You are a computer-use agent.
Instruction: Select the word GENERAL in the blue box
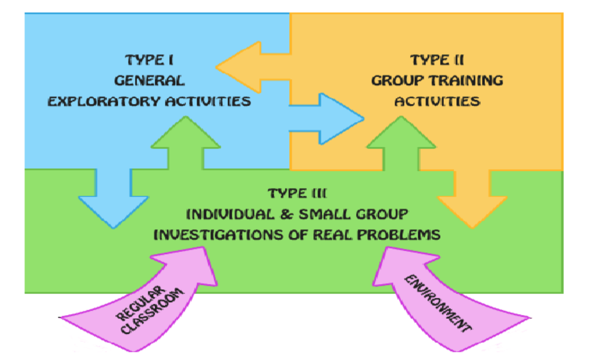pyautogui.click(x=149, y=80)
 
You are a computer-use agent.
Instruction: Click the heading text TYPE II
pyautogui.click(x=437, y=59)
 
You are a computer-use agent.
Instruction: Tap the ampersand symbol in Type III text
pyautogui.click(x=284, y=214)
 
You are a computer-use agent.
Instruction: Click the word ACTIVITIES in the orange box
pyautogui.click(x=437, y=101)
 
